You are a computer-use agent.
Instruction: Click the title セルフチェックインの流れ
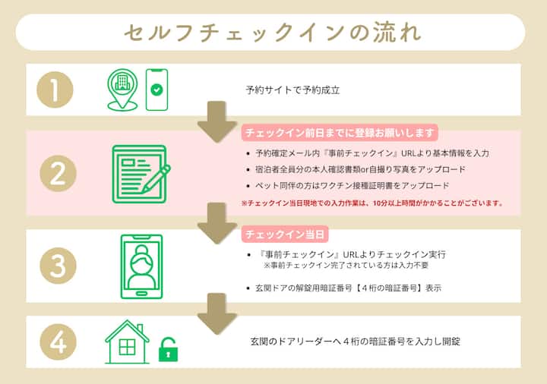pos(273,33)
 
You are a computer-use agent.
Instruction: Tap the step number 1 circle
pos(55,90)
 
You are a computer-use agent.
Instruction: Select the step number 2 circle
pos(58,173)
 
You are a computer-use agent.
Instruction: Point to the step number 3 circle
pos(58,266)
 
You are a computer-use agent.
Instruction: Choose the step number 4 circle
pos(58,342)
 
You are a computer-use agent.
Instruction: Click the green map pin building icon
pos(122,90)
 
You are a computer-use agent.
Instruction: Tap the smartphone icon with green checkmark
pos(157,90)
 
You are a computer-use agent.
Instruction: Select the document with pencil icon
pos(141,174)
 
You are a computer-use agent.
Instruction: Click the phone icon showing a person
pos(141,266)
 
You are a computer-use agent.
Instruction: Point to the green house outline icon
pos(127,342)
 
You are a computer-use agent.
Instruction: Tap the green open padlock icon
pos(168,350)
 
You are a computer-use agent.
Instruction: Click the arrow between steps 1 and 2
pos(217,121)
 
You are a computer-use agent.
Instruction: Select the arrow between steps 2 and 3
pos(217,223)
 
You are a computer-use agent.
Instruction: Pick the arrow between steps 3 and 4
pos(217,313)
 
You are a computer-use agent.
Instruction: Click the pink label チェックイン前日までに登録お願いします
pos(340,132)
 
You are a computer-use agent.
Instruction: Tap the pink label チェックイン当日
pos(285,234)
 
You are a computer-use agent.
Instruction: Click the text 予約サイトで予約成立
pos(292,90)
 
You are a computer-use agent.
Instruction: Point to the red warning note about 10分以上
pos(372,203)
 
